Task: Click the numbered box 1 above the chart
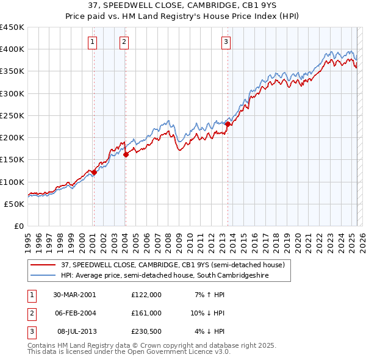tap(92, 42)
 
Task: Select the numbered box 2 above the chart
tap(124, 42)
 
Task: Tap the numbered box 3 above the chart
tap(226, 42)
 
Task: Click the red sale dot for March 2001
tap(95, 172)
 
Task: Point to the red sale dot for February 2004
tap(126, 155)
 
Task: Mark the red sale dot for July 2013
tap(228, 124)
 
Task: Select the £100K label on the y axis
tap(12, 182)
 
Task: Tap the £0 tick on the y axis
tap(18, 226)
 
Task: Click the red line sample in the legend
tap(44, 265)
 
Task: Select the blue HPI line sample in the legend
tap(44, 276)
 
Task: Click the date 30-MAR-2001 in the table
tap(74, 295)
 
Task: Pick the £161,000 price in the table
tap(146, 313)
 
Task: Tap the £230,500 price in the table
tap(146, 331)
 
